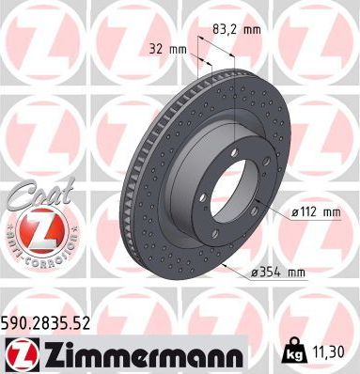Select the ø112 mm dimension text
click(x=313, y=213)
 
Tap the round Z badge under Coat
click(x=35, y=232)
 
